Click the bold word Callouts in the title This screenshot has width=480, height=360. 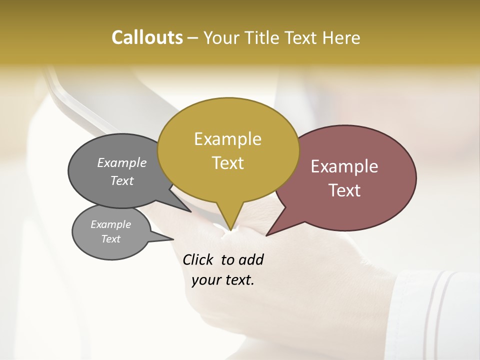click(147, 37)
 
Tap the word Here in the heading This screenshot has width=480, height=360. click(339, 37)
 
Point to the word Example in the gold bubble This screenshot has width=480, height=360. click(227, 139)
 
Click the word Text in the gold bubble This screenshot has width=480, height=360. click(228, 163)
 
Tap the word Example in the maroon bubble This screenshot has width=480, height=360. click(344, 166)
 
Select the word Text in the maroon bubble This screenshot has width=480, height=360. click(345, 190)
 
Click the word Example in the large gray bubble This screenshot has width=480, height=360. click(122, 162)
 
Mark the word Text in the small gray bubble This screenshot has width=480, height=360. click(111, 239)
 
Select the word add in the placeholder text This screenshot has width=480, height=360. click(250, 260)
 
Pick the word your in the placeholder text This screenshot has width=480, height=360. click(206, 280)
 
